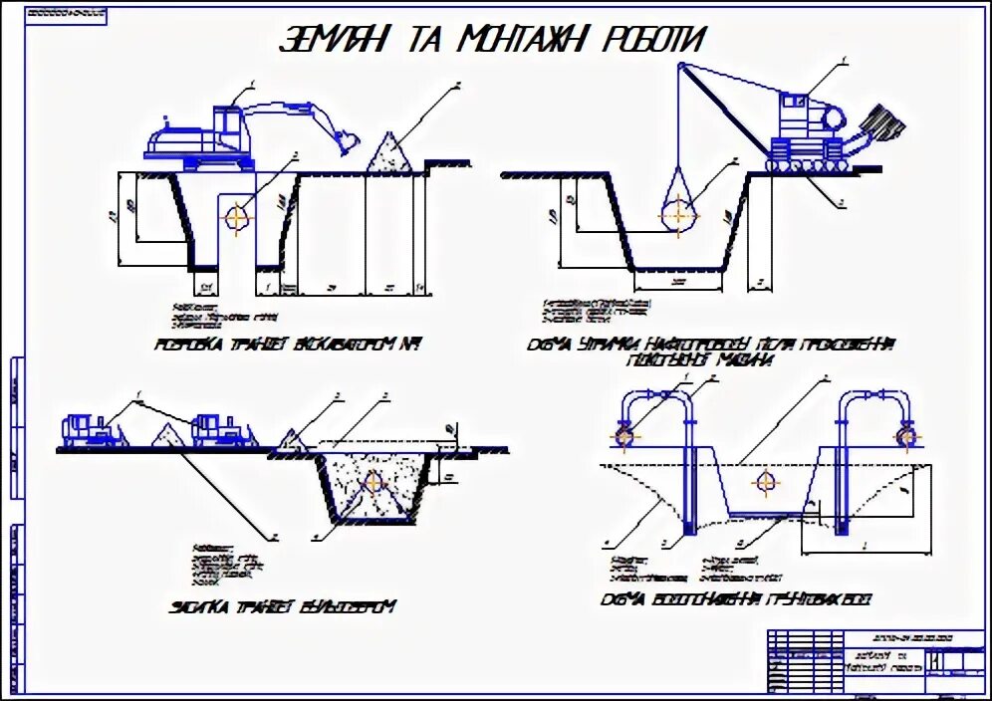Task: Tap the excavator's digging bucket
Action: [x=346, y=142]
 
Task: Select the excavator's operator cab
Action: [x=228, y=125]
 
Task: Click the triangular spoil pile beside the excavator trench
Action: [x=391, y=152]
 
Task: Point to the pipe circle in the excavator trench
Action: [x=237, y=217]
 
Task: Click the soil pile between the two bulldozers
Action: [x=165, y=436]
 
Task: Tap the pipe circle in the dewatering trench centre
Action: [x=765, y=483]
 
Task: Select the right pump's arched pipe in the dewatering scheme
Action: [x=871, y=403]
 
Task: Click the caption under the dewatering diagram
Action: [x=737, y=601]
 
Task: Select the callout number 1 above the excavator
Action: [x=254, y=81]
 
